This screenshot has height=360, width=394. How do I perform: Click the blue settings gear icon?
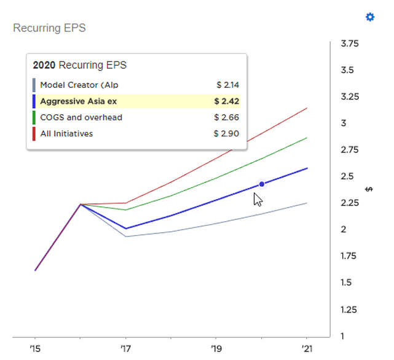click(370, 17)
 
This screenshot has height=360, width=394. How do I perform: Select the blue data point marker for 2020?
click(262, 184)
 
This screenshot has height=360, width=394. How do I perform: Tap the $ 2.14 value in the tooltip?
click(227, 85)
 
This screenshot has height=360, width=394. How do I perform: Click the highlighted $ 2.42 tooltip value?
click(227, 101)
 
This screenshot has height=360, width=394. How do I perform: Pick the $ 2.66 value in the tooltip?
click(227, 117)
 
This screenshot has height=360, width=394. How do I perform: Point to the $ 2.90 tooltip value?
click(227, 133)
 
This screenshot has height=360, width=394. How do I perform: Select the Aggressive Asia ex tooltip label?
click(78, 101)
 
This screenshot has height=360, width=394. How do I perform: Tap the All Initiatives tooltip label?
click(66, 133)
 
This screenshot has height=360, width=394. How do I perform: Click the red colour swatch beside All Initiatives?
click(34, 133)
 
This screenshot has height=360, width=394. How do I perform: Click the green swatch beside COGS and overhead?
click(34, 117)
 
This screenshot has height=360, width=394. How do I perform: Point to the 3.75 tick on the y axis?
click(349, 44)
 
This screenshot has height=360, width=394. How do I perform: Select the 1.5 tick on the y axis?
click(347, 283)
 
